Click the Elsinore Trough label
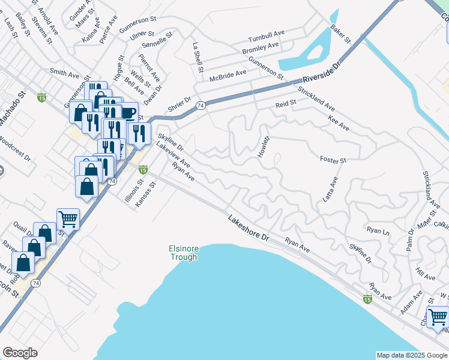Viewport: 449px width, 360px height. (x=182, y=253)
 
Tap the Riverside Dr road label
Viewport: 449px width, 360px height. (x=322, y=71)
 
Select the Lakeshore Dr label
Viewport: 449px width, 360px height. (x=248, y=228)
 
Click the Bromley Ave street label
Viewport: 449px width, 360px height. (x=261, y=47)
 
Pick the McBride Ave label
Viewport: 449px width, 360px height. (x=228, y=74)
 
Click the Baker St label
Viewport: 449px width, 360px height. (x=340, y=34)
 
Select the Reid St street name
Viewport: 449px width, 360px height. (x=286, y=103)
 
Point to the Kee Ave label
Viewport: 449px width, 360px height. (x=339, y=121)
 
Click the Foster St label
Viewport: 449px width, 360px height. (x=334, y=161)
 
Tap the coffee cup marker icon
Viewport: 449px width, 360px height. (x=128, y=112)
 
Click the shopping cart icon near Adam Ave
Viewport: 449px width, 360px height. (x=438, y=316)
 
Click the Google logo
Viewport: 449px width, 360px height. (x=20, y=353)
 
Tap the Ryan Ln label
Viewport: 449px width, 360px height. (x=378, y=230)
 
